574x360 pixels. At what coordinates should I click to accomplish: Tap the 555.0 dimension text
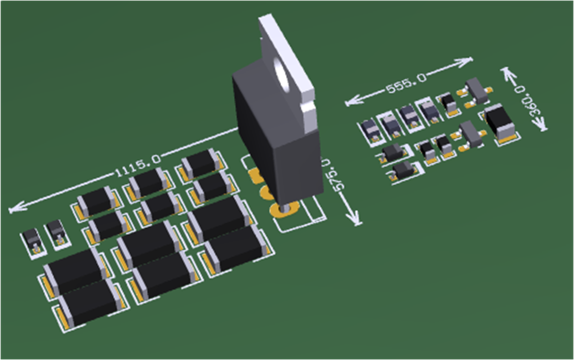click(x=406, y=84)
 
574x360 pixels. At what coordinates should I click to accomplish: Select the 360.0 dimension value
click(x=527, y=101)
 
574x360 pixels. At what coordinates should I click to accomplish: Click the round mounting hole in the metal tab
click(x=285, y=74)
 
